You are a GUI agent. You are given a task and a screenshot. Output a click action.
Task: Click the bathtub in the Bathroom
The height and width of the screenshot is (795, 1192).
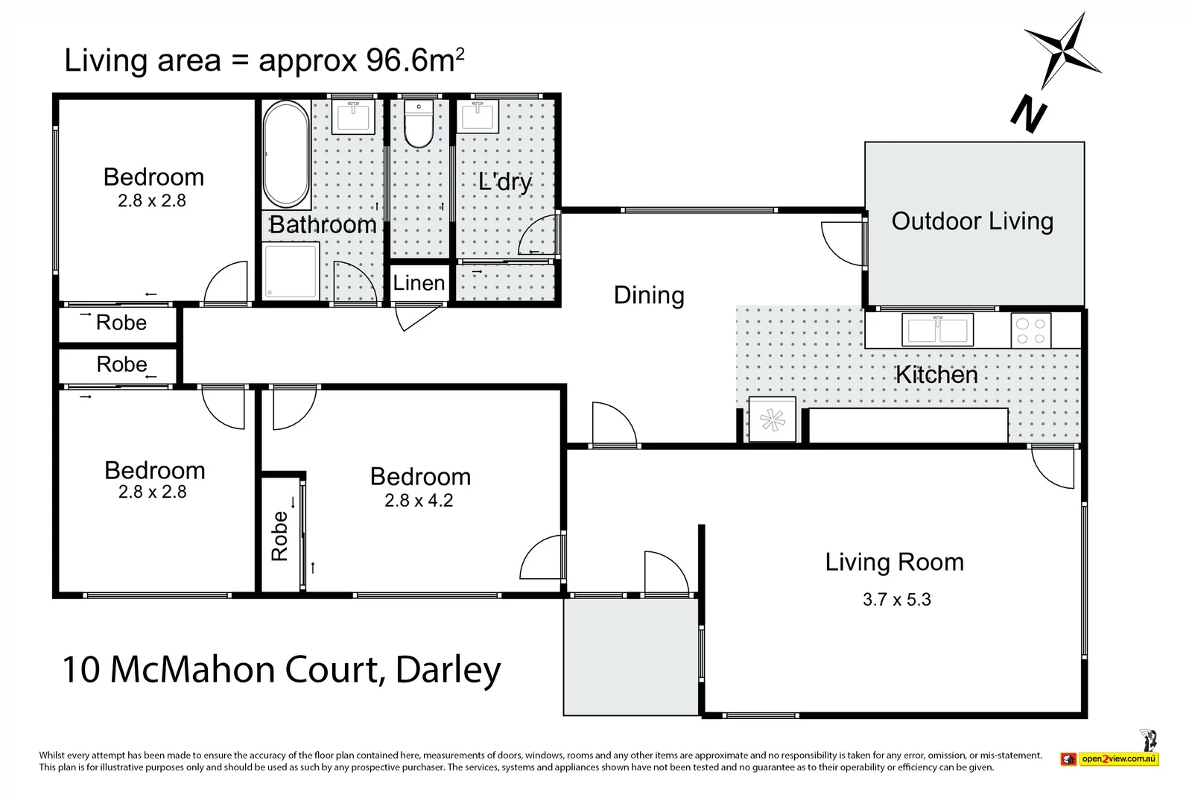pyautogui.click(x=286, y=154)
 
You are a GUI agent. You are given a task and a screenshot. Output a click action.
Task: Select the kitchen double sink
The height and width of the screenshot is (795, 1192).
pyautogui.click(x=937, y=329)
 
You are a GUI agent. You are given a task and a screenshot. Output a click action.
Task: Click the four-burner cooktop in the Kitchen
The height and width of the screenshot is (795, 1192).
pyautogui.click(x=1031, y=331)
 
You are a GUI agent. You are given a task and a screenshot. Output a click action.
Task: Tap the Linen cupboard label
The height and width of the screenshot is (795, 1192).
pyautogui.click(x=419, y=283)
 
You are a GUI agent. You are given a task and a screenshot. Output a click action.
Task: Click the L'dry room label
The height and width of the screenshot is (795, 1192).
pyautogui.click(x=505, y=181)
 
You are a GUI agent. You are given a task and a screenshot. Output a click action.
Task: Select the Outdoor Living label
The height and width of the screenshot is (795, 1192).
pyautogui.click(x=972, y=221)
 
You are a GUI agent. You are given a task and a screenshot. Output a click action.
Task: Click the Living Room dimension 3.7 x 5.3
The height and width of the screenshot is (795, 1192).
pyautogui.click(x=897, y=600)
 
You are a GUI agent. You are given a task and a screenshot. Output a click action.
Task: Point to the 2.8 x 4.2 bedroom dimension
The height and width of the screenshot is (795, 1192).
pyautogui.click(x=419, y=501)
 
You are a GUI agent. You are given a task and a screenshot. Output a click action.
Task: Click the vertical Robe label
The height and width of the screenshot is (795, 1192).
pyautogui.click(x=280, y=536)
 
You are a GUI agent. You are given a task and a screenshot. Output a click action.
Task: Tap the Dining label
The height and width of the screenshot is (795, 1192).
pyautogui.click(x=649, y=295)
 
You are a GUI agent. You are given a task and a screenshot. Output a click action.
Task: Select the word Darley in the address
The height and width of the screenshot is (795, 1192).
pyautogui.click(x=448, y=670)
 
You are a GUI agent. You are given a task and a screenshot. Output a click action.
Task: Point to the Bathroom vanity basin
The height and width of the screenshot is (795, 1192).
pyautogui.click(x=352, y=117)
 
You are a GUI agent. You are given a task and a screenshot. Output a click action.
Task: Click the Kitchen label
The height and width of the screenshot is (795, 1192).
pyautogui.click(x=936, y=375)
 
